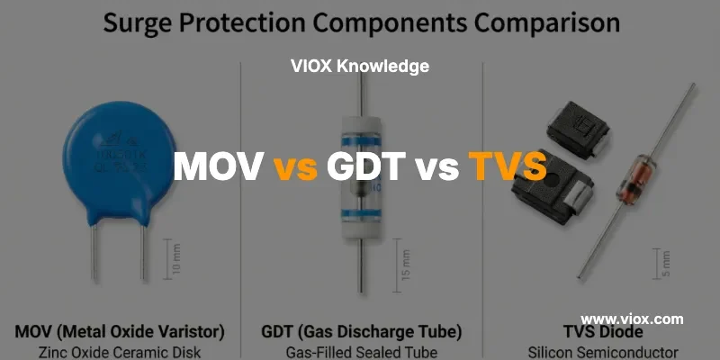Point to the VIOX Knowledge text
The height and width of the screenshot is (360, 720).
(360, 66)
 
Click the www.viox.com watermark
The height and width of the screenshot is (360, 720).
(632, 319)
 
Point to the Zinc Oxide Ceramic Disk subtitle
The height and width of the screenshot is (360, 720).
(120, 351)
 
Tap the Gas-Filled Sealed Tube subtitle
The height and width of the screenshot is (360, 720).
(360, 351)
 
